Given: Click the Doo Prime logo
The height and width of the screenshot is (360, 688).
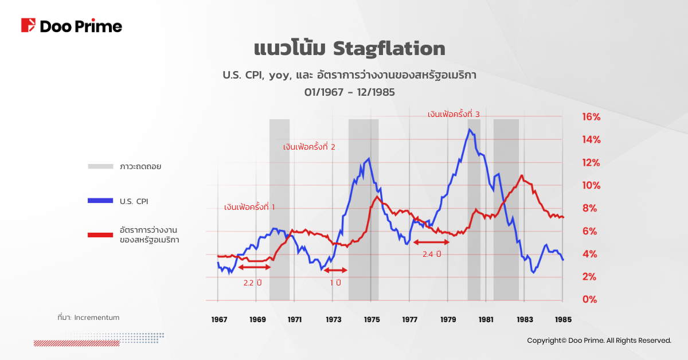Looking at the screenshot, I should point(72,26).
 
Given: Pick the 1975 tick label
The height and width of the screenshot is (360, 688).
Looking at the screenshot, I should point(372,319).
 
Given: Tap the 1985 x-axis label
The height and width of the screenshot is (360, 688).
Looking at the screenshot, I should point(562,319).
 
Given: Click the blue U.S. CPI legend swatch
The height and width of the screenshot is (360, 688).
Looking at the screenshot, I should point(101,201).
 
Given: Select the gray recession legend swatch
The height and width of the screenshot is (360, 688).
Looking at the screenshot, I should point(101,166).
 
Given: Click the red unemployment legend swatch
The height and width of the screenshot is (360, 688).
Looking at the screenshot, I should point(101,234).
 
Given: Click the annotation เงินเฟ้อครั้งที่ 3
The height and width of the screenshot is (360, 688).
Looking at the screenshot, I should point(453,115).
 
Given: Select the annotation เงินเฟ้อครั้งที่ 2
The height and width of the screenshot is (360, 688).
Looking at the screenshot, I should point(309,147).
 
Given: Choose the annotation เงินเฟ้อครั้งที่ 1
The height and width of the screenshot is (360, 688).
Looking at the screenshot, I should point(249,207).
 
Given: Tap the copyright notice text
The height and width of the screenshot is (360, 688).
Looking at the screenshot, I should point(599,341).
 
